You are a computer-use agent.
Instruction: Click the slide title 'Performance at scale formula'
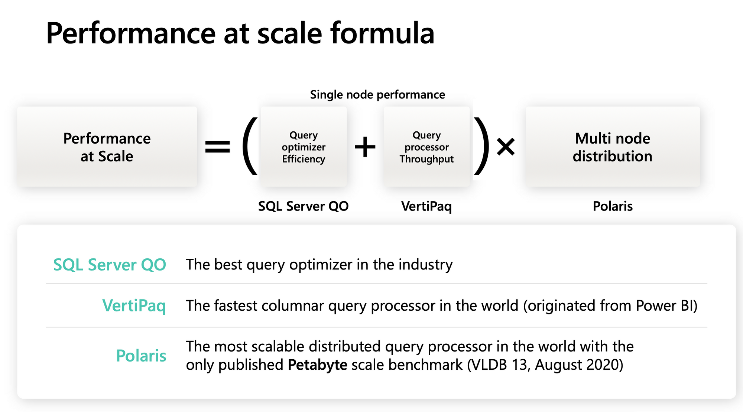click(240, 33)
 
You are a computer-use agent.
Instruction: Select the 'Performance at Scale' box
click(107, 147)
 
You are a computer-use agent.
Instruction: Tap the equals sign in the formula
click(218, 146)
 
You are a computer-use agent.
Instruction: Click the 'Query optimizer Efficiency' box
click(304, 147)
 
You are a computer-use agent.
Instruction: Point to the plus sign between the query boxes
click(365, 147)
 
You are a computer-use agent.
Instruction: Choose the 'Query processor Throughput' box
click(426, 147)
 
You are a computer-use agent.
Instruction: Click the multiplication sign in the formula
click(506, 147)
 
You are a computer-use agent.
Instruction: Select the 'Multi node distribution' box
click(613, 147)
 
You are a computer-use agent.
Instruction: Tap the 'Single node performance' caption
click(377, 95)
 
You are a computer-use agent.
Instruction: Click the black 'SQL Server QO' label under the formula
click(304, 206)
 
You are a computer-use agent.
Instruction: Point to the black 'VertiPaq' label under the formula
click(426, 206)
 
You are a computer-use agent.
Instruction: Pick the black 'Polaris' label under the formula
click(613, 206)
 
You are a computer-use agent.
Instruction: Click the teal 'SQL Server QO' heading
click(110, 265)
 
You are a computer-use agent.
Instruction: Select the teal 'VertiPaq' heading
click(134, 306)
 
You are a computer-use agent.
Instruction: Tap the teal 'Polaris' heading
click(141, 356)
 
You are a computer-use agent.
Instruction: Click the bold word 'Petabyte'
click(318, 365)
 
